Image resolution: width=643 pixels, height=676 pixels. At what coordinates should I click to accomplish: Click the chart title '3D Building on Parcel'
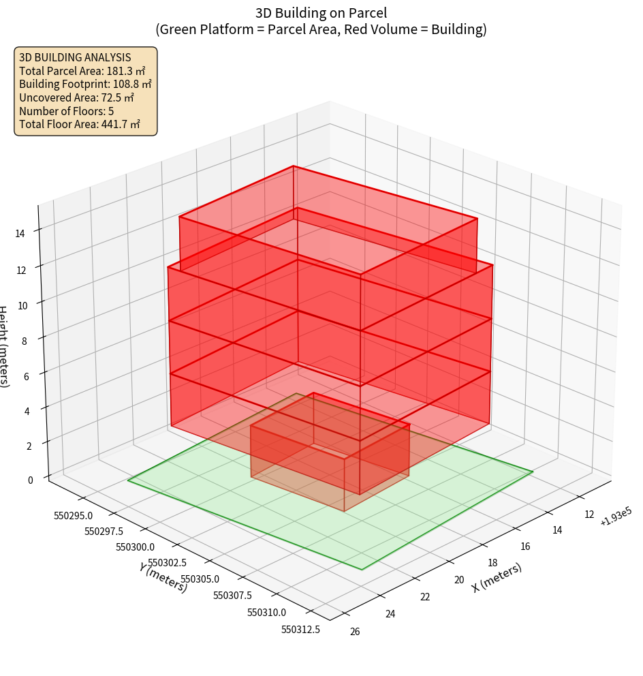click(x=321, y=13)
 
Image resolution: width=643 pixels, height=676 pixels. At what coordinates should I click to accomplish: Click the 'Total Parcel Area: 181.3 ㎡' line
click(x=82, y=71)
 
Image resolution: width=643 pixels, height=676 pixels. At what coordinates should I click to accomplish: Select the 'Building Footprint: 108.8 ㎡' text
click(x=85, y=84)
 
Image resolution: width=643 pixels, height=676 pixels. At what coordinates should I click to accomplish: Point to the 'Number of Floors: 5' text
click(x=66, y=111)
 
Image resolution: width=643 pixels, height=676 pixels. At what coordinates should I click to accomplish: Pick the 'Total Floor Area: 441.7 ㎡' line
click(x=80, y=124)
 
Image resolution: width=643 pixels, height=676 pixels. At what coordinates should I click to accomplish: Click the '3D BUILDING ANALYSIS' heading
click(x=75, y=57)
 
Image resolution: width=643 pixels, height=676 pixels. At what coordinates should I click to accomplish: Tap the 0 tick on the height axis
click(x=30, y=480)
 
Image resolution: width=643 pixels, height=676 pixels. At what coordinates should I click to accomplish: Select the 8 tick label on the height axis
click(x=24, y=341)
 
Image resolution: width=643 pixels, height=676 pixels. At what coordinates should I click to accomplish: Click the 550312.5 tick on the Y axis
click(x=300, y=630)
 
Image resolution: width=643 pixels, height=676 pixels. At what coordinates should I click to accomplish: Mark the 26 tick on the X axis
click(x=355, y=631)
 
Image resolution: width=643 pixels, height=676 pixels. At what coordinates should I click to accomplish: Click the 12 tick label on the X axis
click(x=589, y=514)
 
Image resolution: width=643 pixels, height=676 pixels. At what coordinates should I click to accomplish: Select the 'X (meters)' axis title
click(x=497, y=577)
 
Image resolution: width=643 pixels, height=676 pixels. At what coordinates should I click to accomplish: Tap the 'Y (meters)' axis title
click(x=163, y=577)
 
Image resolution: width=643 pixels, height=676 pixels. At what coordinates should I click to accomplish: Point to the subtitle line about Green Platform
click(x=321, y=29)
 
